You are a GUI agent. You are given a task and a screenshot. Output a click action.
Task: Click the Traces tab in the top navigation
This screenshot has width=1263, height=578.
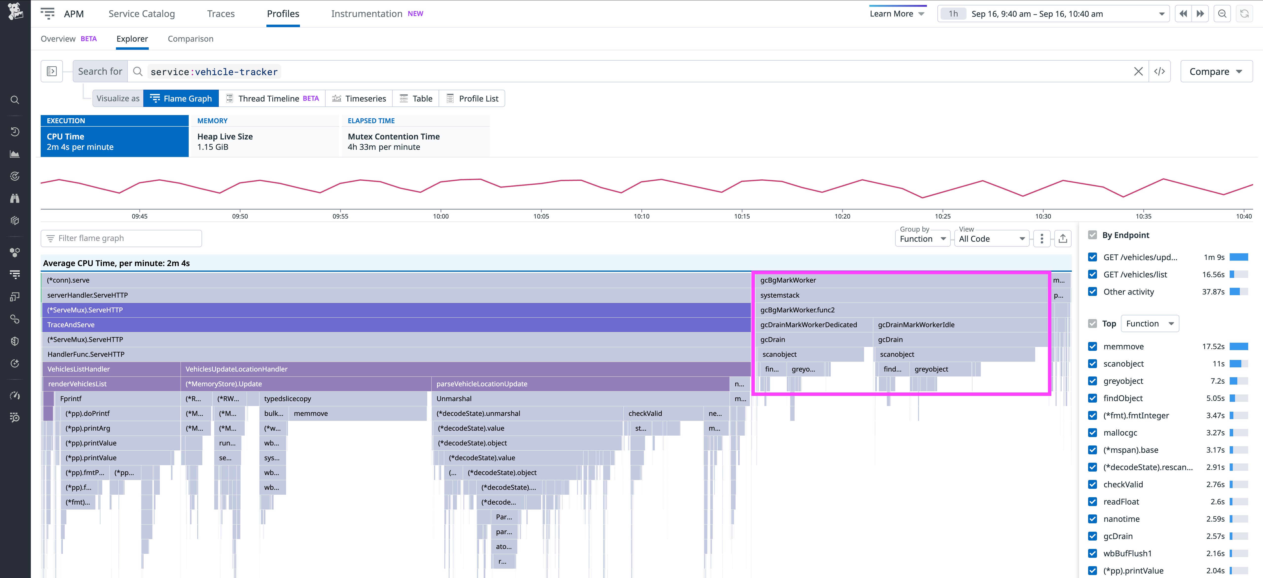click(x=221, y=14)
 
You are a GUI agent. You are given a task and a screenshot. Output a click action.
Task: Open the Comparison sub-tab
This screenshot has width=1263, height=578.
click(x=190, y=39)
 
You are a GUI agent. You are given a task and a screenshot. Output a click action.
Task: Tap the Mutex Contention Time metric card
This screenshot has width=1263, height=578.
click(x=415, y=141)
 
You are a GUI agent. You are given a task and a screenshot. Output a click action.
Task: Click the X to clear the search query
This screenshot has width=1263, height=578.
click(x=1138, y=71)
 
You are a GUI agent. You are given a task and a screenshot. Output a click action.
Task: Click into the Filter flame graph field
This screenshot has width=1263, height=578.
click(x=123, y=238)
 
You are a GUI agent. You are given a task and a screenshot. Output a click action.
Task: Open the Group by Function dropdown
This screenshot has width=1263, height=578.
click(x=922, y=238)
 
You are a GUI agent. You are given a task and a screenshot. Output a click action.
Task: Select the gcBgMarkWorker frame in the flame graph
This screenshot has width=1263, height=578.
click(x=900, y=280)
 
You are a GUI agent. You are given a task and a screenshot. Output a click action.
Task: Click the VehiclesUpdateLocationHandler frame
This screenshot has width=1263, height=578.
click(x=465, y=369)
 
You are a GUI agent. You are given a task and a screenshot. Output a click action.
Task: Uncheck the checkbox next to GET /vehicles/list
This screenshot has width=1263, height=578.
click(x=1092, y=274)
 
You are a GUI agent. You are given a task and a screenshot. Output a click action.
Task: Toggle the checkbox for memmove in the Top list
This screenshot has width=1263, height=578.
click(x=1092, y=346)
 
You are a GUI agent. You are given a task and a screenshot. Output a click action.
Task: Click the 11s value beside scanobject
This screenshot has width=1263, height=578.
click(x=1218, y=363)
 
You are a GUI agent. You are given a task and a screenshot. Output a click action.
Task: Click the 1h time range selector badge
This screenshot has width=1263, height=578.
click(x=953, y=14)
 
